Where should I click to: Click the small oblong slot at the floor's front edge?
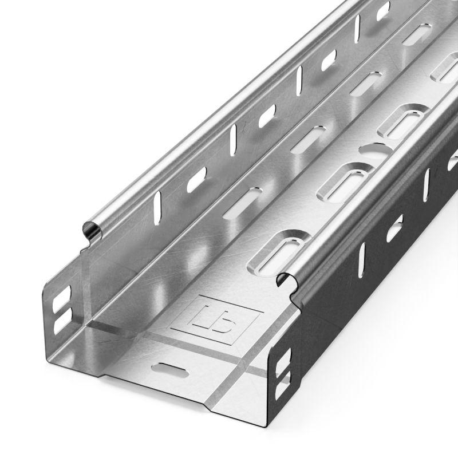pyautogui.click(x=171, y=369)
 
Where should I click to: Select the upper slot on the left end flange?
pyautogui.click(x=61, y=301)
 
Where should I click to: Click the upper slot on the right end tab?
pyautogui.click(x=282, y=362)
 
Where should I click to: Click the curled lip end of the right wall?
pyautogui.click(x=286, y=280)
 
